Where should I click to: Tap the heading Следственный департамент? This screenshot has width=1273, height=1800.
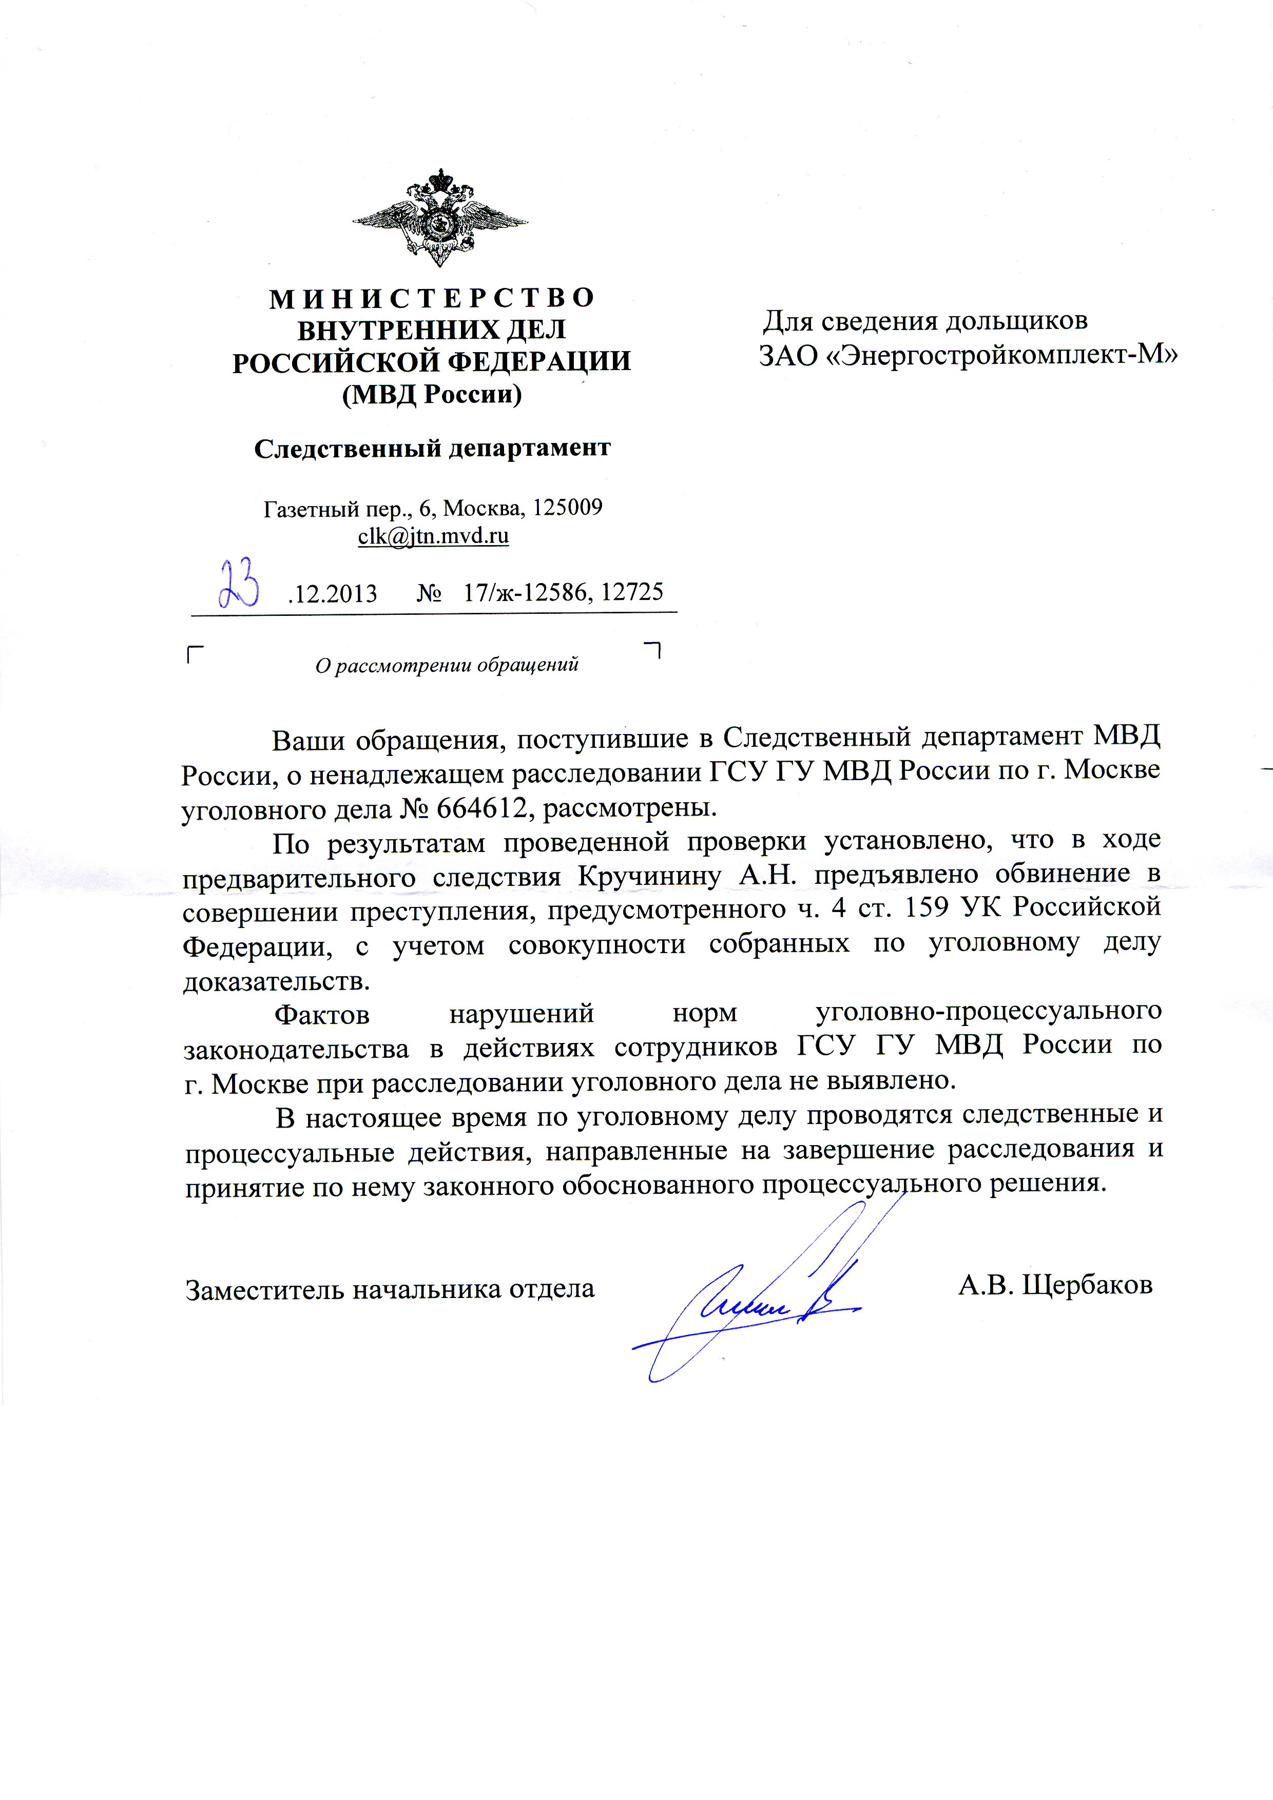(x=432, y=448)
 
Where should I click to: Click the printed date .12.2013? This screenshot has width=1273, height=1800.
(x=332, y=593)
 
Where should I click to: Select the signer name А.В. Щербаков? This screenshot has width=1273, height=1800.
(x=1055, y=1286)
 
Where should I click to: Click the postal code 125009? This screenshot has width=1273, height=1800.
(x=567, y=507)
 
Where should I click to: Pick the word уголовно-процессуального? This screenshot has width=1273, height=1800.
(x=989, y=1011)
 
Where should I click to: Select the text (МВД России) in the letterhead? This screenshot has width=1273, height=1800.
(x=432, y=394)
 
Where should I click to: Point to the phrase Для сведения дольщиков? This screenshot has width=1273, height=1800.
(x=925, y=321)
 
